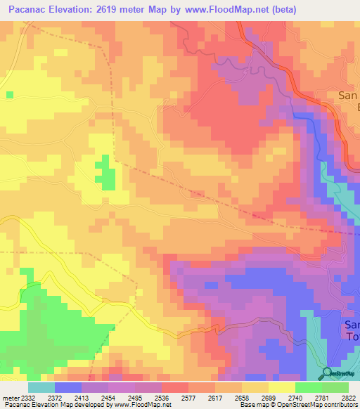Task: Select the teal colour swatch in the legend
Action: tap(41, 387)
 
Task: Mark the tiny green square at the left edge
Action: tap(8, 93)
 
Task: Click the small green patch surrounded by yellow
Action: tap(106, 171)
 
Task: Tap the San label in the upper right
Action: tap(348, 96)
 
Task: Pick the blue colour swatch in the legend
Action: tap(67, 387)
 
